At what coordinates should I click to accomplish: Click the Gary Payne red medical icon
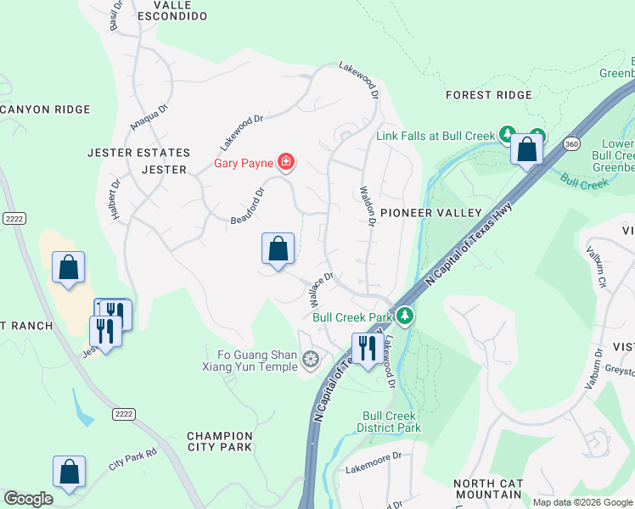[x=286, y=161]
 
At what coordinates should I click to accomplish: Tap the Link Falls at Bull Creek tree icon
[x=507, y=134]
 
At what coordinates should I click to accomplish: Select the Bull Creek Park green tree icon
[x=406, y=316]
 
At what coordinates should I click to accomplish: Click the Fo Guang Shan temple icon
[x=311, y=361]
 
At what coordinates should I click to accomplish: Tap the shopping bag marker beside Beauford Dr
[x=278, y=250]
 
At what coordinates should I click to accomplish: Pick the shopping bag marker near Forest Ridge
[x=527, y=150]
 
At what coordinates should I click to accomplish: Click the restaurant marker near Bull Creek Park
[x=367, y=349]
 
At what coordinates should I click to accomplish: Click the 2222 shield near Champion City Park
[x=123, y=412]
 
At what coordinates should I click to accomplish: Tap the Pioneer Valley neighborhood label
[x=430, y=213]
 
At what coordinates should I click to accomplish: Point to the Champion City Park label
[x=219, y=440]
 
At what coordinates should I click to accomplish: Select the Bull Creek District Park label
[x=391, y=422]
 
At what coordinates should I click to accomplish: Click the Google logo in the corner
[x=28, y=499]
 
